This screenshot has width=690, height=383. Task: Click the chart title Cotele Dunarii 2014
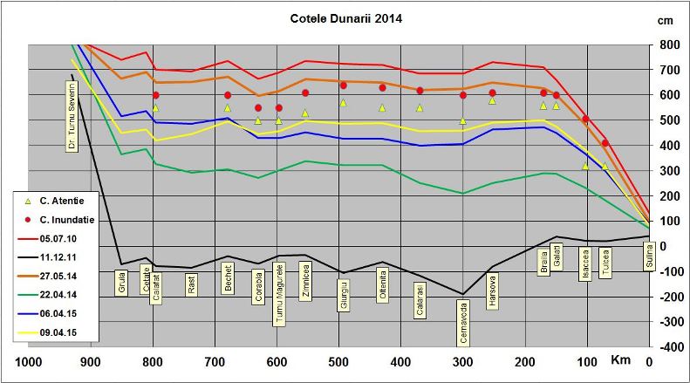[x=345, y=17]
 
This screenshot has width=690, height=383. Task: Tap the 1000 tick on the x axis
[x=30, y=362]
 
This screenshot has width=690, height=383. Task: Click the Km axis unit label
[x=620, y=360]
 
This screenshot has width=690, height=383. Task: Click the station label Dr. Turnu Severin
[x=72, y=115]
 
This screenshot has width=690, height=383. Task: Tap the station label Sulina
[x=648, y=258]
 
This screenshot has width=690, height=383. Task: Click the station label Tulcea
[x=605, y=261]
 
